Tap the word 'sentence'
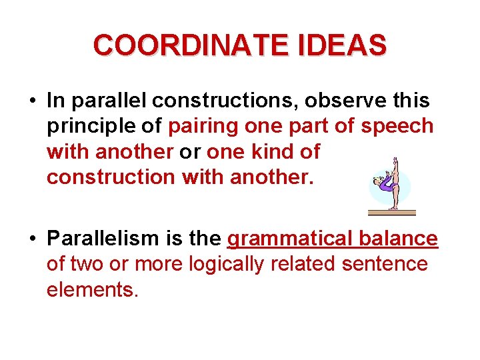click(385, 264)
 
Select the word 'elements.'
click(92, 289)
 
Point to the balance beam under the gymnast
click(391, 213)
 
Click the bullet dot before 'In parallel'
click(33, 101)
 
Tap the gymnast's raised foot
click(395, 160)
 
